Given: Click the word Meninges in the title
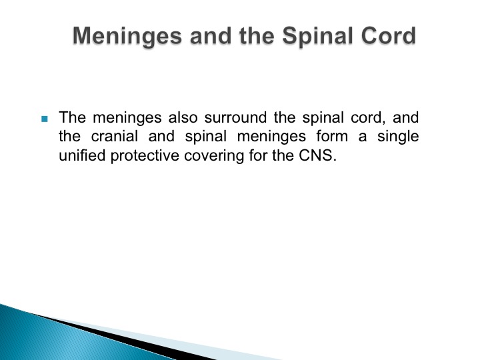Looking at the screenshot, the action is pos(127,37).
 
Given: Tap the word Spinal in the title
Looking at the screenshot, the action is pos(318,37).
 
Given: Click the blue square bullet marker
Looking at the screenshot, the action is pos(45,119).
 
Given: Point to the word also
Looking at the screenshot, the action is pos(183,117).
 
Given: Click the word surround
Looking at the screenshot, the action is pos(235,117).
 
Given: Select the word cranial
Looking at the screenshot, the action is pos(115,136).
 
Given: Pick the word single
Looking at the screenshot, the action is pos(398,137).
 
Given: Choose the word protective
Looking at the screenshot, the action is pos(145,156).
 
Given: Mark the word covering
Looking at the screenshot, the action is pos(214,156).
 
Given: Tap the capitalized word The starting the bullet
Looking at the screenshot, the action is pos(72,117).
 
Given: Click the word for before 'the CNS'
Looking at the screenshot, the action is pos(258,155).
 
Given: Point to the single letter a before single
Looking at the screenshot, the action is pos(363,137).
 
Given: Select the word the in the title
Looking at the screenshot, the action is pos(257,35).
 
